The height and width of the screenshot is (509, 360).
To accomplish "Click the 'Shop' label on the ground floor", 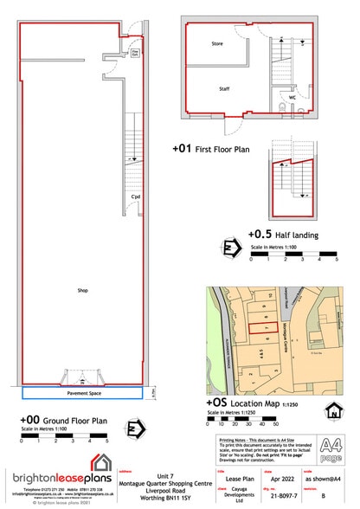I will click(x=82, y=290).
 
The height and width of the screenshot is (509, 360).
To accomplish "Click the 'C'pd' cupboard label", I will click(x=135, y=197).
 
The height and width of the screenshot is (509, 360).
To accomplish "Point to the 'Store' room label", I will click(x=217, y=42).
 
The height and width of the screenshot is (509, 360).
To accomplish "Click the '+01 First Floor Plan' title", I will click(x=211, y=149).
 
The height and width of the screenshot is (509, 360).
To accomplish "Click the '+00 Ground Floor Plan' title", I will click(x=63, y=421).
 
